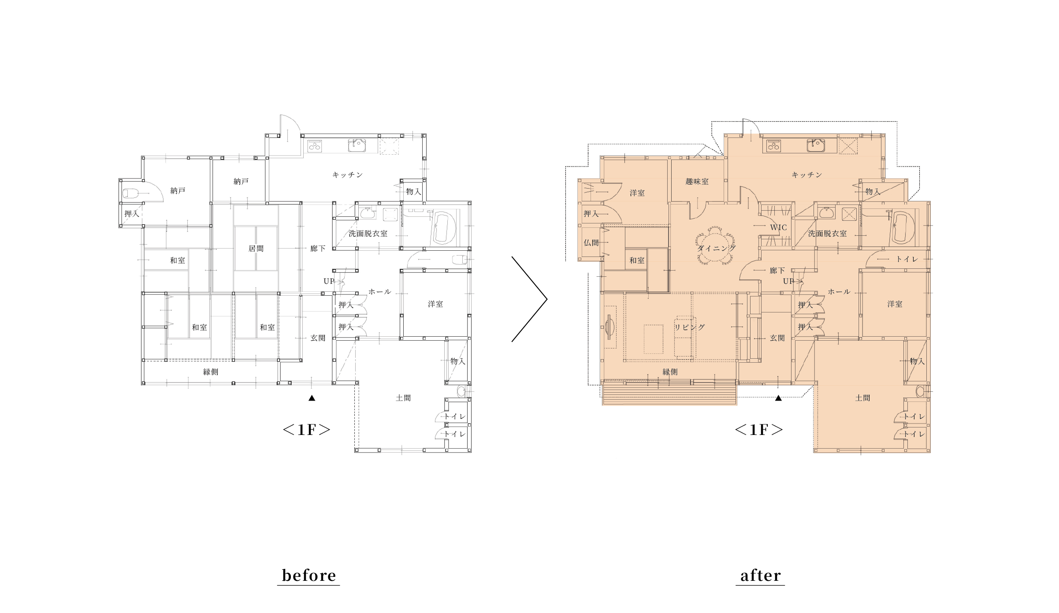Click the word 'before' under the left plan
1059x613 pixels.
(x=308, y=576)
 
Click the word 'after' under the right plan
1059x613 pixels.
(x=760, y=576)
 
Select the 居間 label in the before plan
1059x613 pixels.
(x=256, y=249)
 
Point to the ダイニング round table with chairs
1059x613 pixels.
(x=716, y=245)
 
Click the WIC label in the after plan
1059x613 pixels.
(x=778, y=227)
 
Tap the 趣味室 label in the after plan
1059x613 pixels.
(x=697, y=182)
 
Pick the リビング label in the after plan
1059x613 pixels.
(x=690, y=327)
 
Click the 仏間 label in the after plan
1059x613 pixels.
(x=591, y=243)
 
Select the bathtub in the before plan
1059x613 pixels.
(x=446, y=227)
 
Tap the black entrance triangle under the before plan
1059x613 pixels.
(x=312, y=398)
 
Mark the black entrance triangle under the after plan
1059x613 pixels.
(x=778, y=398)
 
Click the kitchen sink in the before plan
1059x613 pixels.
(x=357, y=145)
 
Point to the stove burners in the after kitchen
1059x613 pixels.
(x=774, y=145)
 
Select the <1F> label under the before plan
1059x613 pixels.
(x=306, y=430)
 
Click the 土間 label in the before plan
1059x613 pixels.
(x=403, y=398)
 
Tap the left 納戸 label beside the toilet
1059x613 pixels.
(x=178, y=191)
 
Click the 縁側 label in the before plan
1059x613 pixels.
(x=211, y=372)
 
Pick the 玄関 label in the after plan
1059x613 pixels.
(x=777, y=338)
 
